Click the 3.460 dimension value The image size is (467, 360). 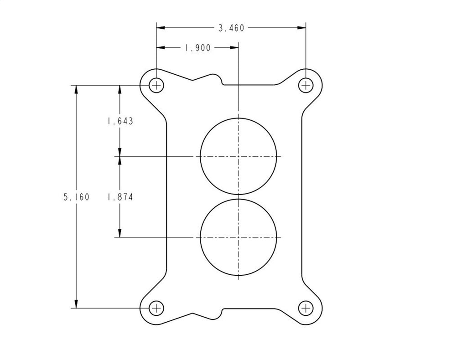point(231,28)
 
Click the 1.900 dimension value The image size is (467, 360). point(197,47)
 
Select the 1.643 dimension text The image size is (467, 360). point(120,121)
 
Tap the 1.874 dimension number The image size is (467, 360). point(120,197)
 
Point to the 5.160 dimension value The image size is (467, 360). point(76,197)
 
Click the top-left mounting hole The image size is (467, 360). point(156,85)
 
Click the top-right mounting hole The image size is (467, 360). point(306,85)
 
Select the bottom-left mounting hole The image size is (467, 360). point(156,308)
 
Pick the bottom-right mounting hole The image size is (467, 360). point(306,308)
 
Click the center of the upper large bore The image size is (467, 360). point(239,156)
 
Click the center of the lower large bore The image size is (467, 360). point(239,237)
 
